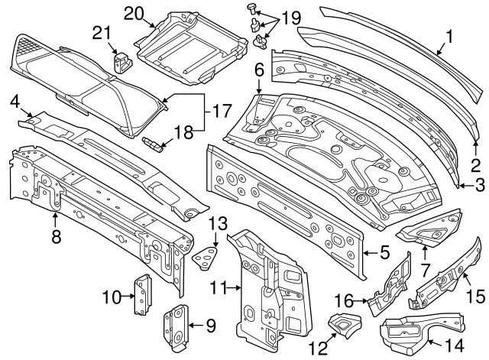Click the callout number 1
(x=449, y=34)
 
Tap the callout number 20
(x=134, y=14)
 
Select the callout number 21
(x=101, y=31)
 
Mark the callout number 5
(x=385, y=250)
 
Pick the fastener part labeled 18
(x=154, y=144)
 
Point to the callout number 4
(x=14, y=102)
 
